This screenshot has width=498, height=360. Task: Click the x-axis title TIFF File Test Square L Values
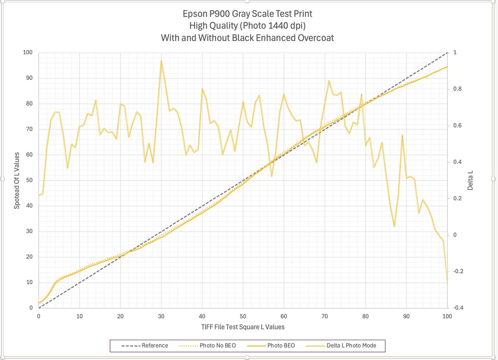(x=243, y=327)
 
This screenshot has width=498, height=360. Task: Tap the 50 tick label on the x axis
(x=243, y=316)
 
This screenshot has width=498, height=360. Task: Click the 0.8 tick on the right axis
(x=456, y=89)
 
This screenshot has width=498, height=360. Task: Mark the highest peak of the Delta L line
(x=161, y=61)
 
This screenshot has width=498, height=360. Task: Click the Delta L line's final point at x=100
(x=447, y=283)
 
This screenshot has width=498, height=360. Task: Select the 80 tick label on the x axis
(x=365, y=316)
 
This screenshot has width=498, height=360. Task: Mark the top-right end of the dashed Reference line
(x=447, y=53)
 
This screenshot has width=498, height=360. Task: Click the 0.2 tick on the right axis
(x=456, y=199)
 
